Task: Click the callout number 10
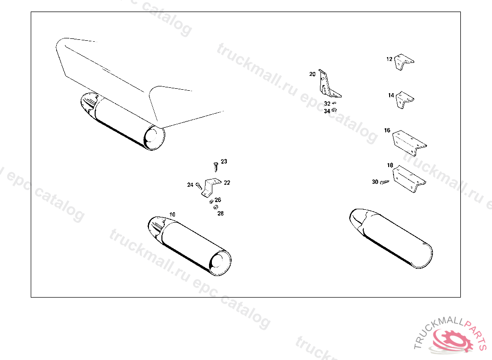pos(172,215)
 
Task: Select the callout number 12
pos(389,59)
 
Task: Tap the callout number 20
pos(312,74)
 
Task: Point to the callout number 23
pos(224,161)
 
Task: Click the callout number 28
pos(221,214)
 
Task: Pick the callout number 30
pos(375,182)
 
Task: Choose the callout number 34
pos(327,111)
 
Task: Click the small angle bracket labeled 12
pos(404,62)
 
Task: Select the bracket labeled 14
pos(404,100)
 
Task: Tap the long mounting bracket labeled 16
pos(409,143)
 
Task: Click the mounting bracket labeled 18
pos(408,179)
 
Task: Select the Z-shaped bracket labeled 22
pos(210,188)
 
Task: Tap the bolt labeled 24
pos(198,186)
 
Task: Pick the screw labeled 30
pos(384,182)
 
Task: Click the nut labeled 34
pos(334,110)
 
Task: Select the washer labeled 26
pos(211,201)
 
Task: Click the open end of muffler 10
pos(220,263)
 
